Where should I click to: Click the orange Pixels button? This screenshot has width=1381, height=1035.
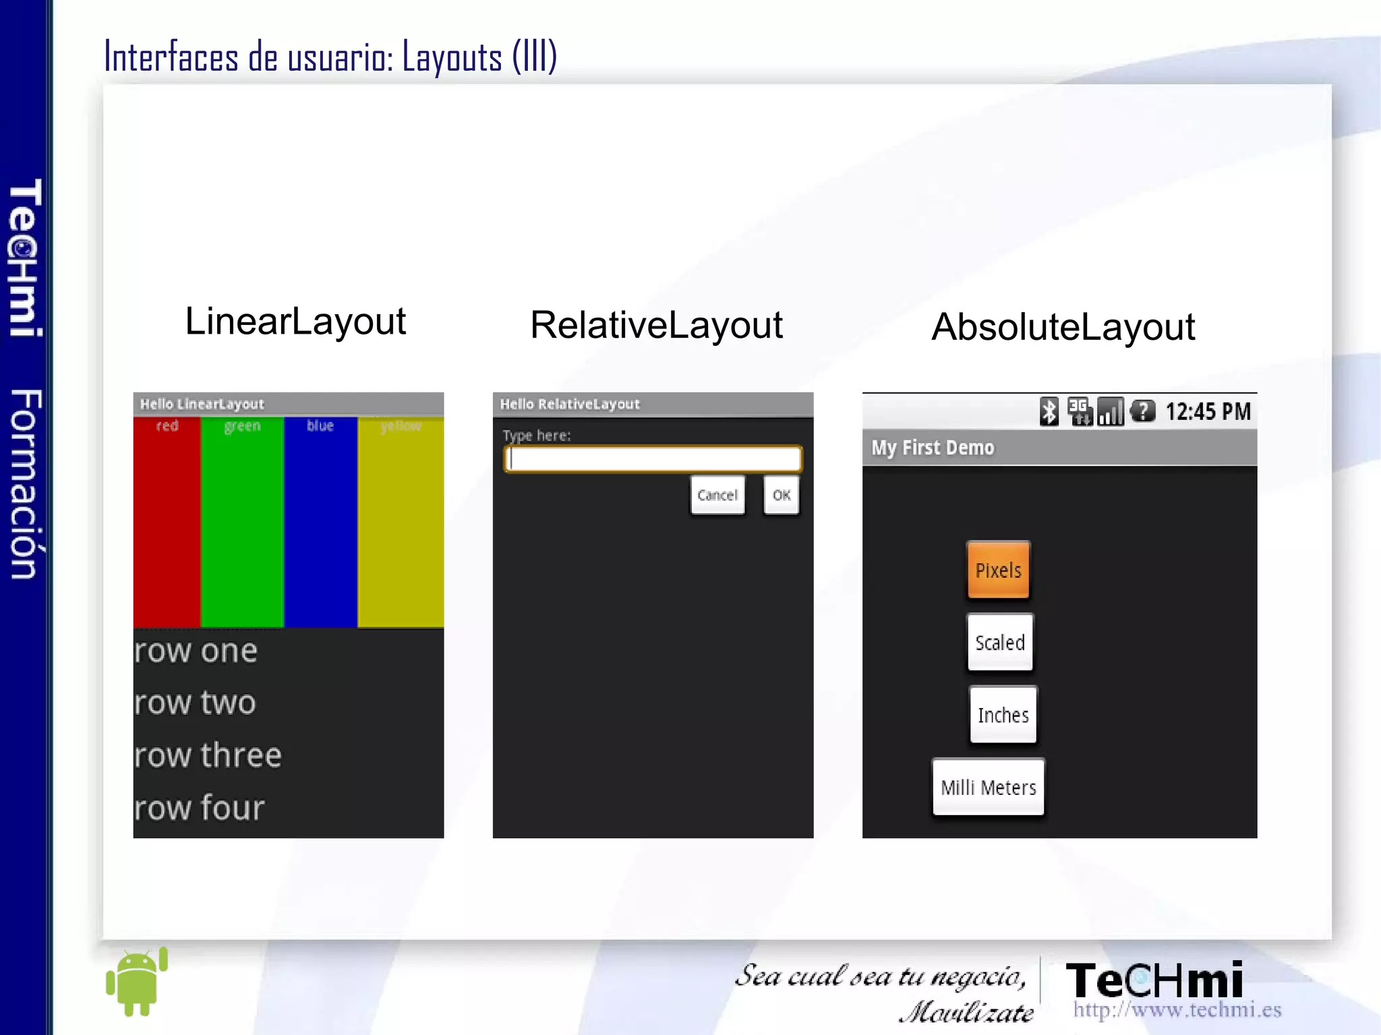999,570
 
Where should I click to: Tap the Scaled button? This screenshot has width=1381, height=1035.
1000,642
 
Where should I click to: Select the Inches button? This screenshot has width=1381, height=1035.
1003,715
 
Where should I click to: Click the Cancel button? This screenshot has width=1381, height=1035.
717,495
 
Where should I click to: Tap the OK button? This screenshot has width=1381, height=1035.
782,495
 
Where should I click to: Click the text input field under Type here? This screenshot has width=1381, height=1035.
653,459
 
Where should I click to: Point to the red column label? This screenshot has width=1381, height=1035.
167,425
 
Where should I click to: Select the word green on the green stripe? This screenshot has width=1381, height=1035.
242,425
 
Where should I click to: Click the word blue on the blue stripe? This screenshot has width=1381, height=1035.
320,425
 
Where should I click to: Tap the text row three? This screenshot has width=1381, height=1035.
208,755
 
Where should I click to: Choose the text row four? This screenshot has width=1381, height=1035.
200,808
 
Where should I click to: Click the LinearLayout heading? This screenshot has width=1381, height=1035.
295,321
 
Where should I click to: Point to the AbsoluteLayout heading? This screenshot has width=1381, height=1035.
1063,327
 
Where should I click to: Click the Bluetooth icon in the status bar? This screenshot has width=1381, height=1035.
1049,411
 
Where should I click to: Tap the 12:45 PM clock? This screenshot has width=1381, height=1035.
1208,411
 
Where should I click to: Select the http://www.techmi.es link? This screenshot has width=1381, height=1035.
1177,1009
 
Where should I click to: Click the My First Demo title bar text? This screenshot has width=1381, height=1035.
933,448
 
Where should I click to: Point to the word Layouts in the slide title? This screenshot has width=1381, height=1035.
452,57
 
